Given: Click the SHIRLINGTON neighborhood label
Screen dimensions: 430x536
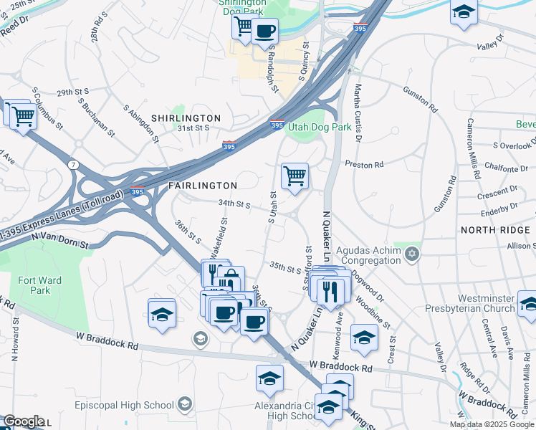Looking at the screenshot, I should click(186, 118).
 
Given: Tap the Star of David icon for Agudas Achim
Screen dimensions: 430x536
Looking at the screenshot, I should click(411, 254).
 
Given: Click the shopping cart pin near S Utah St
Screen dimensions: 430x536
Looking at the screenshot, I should click(295, 175).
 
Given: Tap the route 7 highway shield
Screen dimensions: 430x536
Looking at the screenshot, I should click(74, 165).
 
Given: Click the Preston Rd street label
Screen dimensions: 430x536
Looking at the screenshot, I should click(364, 165).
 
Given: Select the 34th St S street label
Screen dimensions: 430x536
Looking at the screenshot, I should click(234, 204).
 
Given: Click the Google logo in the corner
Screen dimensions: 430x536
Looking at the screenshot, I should click(24, 421).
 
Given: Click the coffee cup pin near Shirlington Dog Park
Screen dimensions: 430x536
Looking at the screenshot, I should click(264, 32).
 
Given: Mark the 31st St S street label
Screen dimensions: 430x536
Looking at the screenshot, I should click(193, 128).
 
